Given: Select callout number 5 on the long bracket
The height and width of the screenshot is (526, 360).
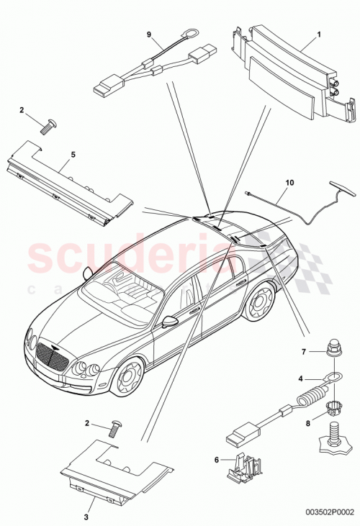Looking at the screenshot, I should (72, 153).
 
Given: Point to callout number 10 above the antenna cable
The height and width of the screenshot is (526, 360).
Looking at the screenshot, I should (288, 183).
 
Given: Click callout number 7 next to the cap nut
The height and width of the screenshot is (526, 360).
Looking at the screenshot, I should (304, 350).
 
